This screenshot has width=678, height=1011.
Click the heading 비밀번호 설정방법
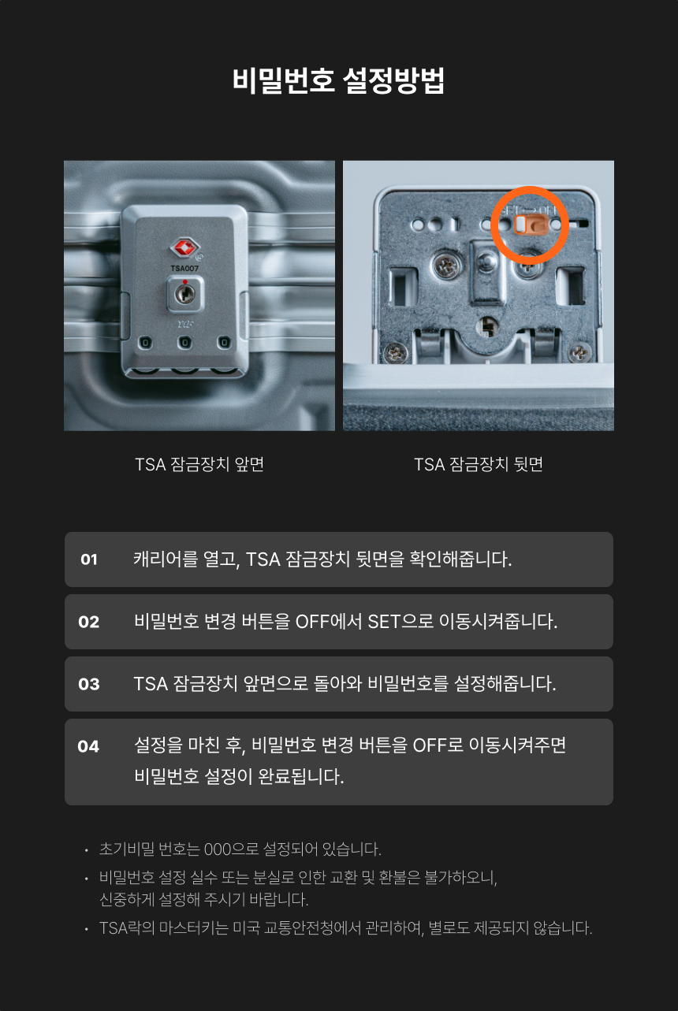click(x=338, y=81)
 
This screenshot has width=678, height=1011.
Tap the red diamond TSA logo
click(x=184, y=247)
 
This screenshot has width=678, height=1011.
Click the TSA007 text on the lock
click(x=184, y=269)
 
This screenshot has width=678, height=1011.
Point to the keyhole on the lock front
click(x=184, y=295)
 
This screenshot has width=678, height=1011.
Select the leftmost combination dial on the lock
click(x=145, y=343)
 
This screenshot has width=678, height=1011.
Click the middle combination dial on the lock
click(x=184, y=343)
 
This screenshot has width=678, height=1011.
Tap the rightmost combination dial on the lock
click(x=224, y=343)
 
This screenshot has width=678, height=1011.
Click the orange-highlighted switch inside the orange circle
click(x=531, y=225)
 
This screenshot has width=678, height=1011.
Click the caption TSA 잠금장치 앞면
click(x=199, y=464)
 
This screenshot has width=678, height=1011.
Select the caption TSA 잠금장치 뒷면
click(x=479, y=464)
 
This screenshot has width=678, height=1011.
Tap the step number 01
click(x=89, y=559)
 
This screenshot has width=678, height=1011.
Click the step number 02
click(x=88, y=622)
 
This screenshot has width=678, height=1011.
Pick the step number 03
click(x=88, y=684)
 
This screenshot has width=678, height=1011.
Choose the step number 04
click(x=88, y=746)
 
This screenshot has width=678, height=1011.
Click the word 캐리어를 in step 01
click(x=166, y=559)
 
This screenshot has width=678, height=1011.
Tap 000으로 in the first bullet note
click(x=231, y=849)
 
